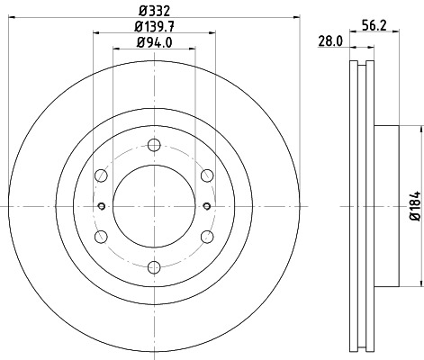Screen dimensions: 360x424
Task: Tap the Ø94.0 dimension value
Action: click(x=154, y=42)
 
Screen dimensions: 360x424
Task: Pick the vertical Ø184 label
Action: click(x=414, y=205)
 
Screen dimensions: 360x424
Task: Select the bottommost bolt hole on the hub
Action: click(x=154, y=265)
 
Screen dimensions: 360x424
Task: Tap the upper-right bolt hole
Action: click(x=206, y=175)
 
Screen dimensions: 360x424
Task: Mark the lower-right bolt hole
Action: click(x=206, y=236)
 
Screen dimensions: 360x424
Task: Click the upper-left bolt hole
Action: click(x=102, y=175)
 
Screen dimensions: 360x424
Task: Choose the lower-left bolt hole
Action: click(x=102, y=236)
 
